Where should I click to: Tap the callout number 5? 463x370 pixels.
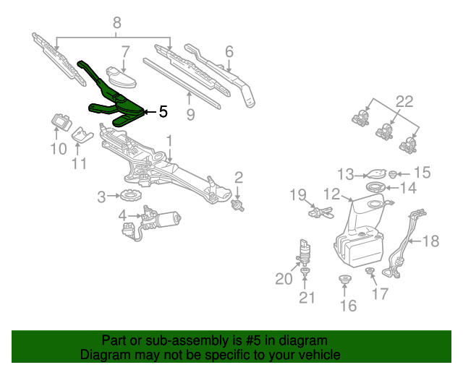coord(163,112)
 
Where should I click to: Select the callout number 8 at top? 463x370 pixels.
coord(116,23)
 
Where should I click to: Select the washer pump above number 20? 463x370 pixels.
coord(305,253)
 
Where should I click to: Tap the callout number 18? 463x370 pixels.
coord(430,241)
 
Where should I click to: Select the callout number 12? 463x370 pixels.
coord(331,194)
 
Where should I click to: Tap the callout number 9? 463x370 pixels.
coord(191,113)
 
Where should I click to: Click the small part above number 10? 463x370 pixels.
coord(59,120)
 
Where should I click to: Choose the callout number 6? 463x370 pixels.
coord(229,51)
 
